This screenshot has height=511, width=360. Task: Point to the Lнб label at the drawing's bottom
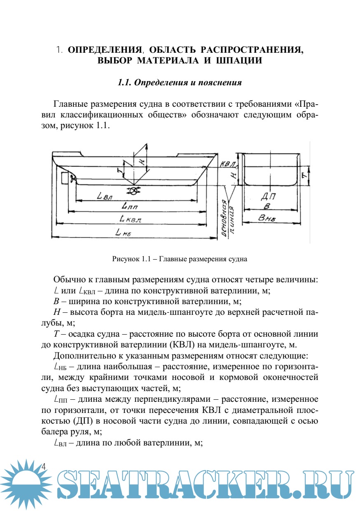click(124, 233)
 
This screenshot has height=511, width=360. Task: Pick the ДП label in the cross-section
click(269, 197)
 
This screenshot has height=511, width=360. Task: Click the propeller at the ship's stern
click(74, 178)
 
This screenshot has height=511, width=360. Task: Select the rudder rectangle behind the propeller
click(64, 178)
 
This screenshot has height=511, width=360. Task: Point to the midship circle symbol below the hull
click(134, 190)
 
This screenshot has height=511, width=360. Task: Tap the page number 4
click(44, 466)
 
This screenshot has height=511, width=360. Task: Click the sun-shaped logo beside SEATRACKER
click(26, 483)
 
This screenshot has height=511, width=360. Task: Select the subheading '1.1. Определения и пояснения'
click(180, 82)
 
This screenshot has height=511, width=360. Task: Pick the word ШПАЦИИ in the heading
click(239, 61)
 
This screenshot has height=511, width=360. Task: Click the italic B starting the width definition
click(56, 300)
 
